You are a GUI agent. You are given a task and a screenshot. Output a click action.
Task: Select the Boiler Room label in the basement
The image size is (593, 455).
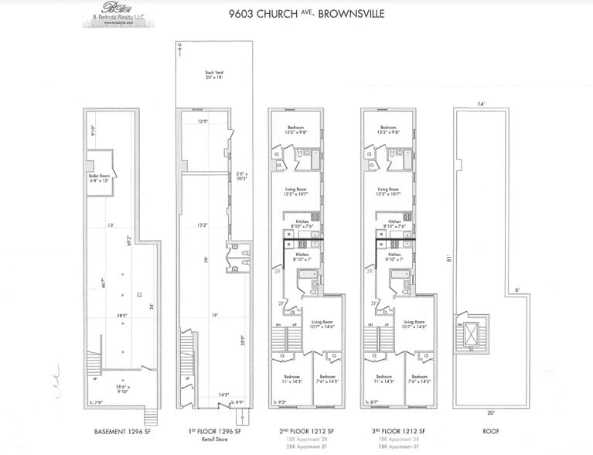[x=100, y=177]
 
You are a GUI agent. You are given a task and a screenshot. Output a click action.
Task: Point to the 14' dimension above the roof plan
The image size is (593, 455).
[x=479, y=104]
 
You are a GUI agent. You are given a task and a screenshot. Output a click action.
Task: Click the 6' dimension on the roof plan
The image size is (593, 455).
[x=516, y=291]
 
